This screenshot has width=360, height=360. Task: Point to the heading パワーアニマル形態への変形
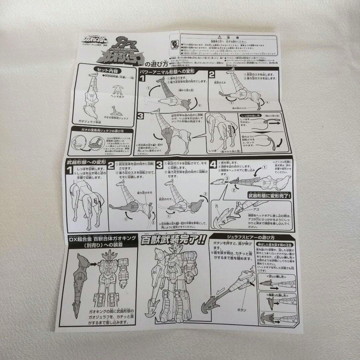pyautogui.click(x=169, y=71)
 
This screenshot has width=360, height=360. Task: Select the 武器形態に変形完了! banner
pyautogui.click(x=268, y=196)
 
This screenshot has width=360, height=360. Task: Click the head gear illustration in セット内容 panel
pyautogui.click(x=117, y=88)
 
